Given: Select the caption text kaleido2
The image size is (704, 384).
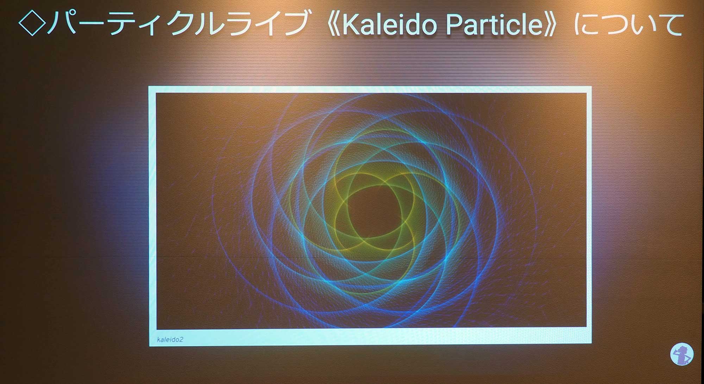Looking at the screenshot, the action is pos(170,340).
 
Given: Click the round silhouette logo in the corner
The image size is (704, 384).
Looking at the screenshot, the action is pos(682,354).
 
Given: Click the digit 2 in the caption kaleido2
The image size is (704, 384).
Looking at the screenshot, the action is pos(181,340).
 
